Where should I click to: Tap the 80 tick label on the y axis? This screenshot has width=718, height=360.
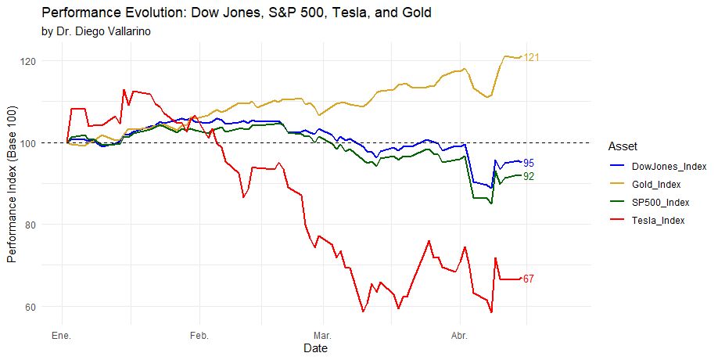(29, 225)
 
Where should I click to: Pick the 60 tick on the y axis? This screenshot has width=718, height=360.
(29, 307)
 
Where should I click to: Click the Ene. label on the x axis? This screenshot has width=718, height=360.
(61, 336)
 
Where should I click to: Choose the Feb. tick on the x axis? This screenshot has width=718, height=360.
(199, 336)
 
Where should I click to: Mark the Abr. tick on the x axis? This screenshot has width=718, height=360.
(459, 336)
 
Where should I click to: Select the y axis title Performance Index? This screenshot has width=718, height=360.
(12, 184)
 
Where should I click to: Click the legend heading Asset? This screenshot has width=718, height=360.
(622, 146)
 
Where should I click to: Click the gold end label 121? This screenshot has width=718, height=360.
(533, 58)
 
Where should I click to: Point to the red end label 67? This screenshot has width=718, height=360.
(529, 279)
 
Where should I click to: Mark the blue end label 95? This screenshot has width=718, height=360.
(529, 163)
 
